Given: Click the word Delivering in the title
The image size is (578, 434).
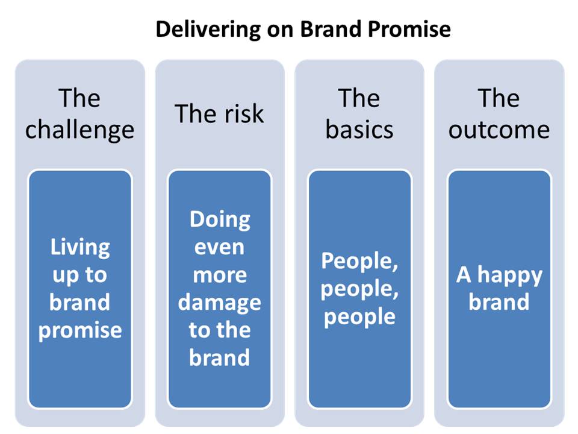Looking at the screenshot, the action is click(x=208, y=30).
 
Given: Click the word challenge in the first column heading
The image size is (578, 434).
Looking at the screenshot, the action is click(x=79, y=131).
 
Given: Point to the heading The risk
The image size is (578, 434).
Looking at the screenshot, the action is click(x=219, y=114).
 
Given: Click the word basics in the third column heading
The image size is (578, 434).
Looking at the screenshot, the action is click(x=359, y=130).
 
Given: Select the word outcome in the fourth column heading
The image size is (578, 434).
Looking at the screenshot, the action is click(x=499, y=131).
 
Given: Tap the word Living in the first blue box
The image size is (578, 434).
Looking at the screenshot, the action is click(x=80, y=248).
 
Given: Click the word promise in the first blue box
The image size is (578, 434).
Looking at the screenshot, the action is click(x=80, y=331).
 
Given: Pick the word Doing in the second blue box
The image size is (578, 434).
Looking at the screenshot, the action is click(x=220, y=221).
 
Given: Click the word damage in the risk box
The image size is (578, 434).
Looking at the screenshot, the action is click(x=220, y=303).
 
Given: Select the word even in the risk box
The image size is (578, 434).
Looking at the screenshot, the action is click(x=219, y=248).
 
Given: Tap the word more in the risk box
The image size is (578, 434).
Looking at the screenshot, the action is click(x=220, y=275).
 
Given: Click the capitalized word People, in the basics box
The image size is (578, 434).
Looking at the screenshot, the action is click(x=359, y=262).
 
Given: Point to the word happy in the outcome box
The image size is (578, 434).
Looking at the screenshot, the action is click(x=510, y=275).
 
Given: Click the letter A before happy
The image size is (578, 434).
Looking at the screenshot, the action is click(x=464, y=275).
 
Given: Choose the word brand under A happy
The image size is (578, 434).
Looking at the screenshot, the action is click(x=499, y=302).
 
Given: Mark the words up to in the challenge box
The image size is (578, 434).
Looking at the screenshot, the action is click(x=79, y=275).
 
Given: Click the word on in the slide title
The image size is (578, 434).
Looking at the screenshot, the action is click(x=281, y=31).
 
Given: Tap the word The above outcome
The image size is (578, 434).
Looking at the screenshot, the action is click(x=499, y=98).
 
